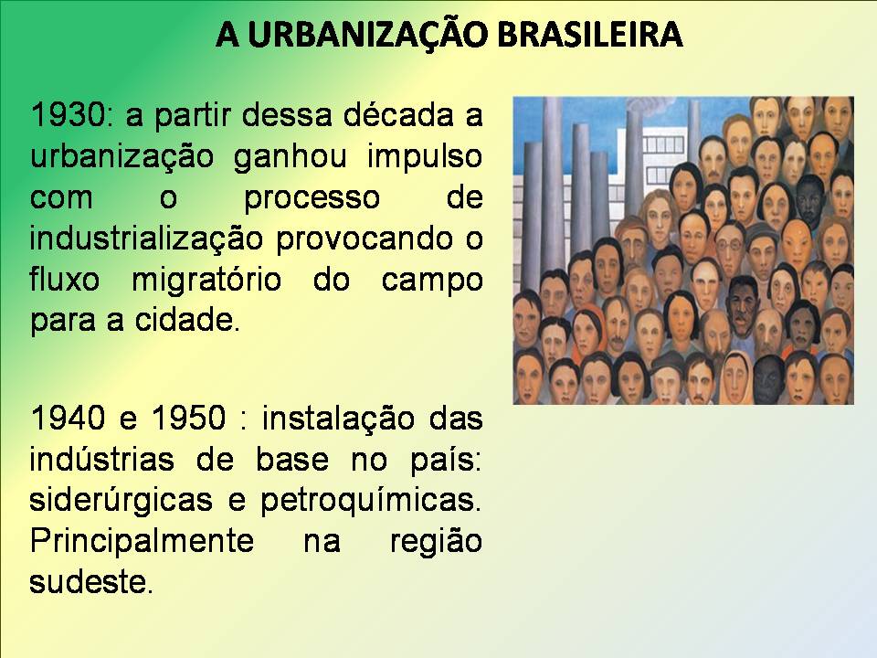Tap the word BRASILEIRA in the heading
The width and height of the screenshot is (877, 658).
click(590, 35)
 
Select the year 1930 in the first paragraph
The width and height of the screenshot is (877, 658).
click(67, 115)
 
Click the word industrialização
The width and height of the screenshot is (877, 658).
click(146, 239)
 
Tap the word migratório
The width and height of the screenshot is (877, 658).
click(206, 280)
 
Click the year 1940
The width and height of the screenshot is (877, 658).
click(67, 418)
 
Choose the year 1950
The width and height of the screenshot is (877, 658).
click(188, 418)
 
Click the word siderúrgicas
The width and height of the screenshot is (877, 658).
click(121, 500)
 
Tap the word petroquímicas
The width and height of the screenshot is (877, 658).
click(370, 500)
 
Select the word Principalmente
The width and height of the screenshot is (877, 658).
click(142, 541)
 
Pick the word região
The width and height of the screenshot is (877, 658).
click(436, 541)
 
